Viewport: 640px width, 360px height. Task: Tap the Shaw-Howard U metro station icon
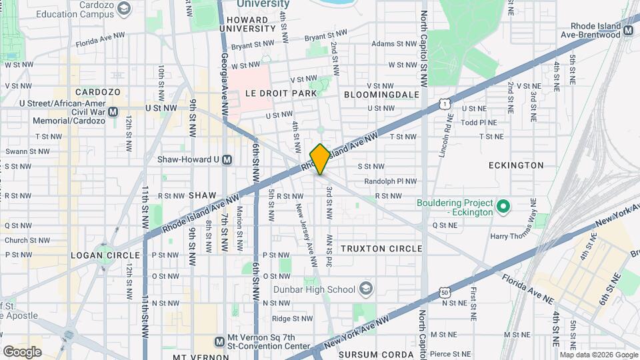pos(227,159)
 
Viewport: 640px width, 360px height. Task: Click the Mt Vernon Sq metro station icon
pos(219,342)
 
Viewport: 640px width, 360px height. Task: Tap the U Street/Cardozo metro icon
pos(113,111)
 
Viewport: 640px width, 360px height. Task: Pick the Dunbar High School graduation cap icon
pos(365,289)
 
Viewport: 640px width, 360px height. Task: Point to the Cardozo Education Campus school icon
pos(123,8)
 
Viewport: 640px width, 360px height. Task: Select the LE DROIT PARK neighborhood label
pos(281,93)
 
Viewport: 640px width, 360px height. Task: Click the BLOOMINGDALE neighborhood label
pos(381,95)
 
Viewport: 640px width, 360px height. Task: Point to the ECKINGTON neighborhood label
pos(515,165)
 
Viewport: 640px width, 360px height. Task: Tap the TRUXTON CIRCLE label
pos(381,248)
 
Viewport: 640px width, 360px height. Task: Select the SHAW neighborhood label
pos(203,195)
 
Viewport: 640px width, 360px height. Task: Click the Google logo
pos(22,351)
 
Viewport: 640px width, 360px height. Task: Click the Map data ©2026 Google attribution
pos(598,355)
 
